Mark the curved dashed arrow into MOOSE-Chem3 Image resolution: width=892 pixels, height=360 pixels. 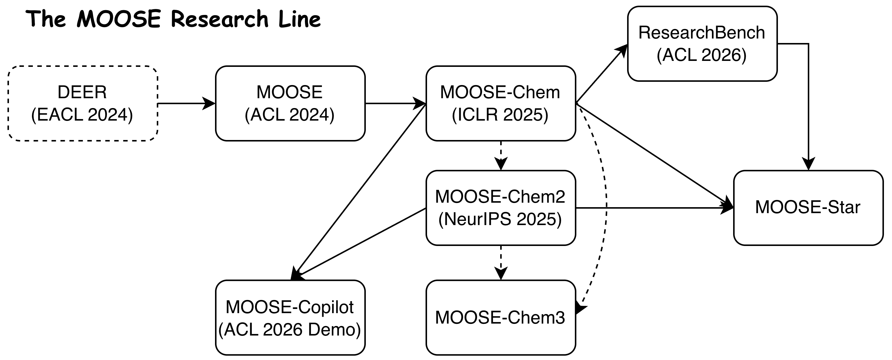606,208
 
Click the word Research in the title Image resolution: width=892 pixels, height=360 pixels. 219,19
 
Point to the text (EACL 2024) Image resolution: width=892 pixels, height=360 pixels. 82,115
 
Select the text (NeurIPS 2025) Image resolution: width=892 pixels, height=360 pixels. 500,219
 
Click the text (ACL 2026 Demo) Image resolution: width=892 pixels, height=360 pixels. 289,329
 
